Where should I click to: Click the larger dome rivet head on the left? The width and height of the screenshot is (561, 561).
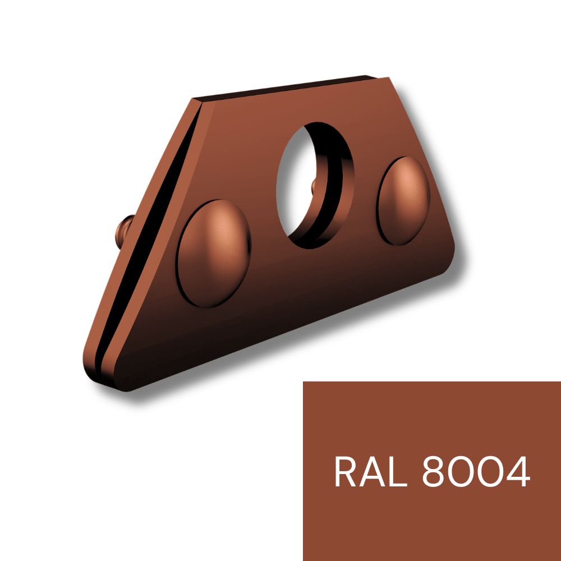coord(214,254)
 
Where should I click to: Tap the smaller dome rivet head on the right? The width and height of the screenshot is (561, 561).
coord(403,201)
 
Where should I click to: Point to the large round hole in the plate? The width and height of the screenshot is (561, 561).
coord(315,185)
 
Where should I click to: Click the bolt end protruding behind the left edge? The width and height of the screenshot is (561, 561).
coord(123,232)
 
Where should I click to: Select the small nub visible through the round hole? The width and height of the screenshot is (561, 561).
coord(314,187)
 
